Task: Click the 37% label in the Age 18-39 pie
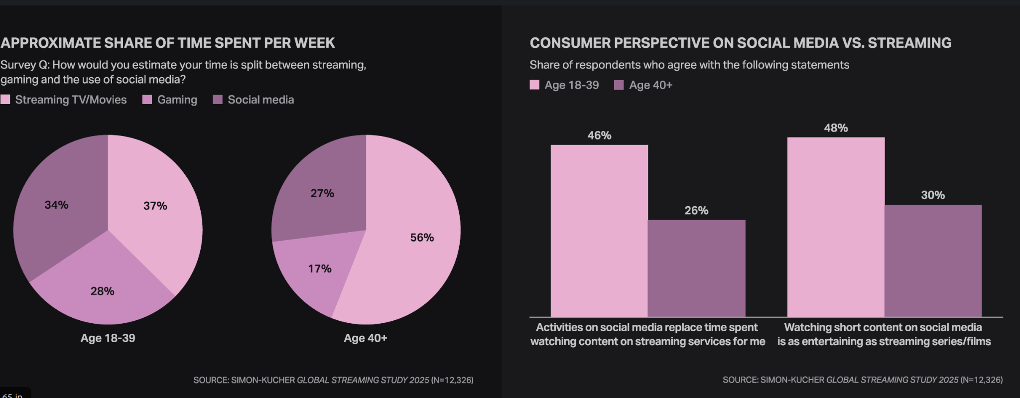(x=155, y=206)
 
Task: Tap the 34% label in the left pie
(x=56, y=205)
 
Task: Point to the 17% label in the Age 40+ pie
(x=320, y=269)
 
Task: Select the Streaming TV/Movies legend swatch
(x=5, y=100)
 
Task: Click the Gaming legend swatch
(x=147, y=100)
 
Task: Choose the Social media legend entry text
(x=260, y=100)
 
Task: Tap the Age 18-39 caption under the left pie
(x=108, y=338)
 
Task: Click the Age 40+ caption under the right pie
(x=365, y=338)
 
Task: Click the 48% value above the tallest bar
(x=836, y=128)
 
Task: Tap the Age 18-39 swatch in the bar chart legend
(x=534, y=85)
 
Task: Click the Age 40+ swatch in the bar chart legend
(x=619, y=85)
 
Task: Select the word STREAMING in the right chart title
(x=909, y=43)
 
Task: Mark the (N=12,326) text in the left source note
(x=452, y=380)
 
